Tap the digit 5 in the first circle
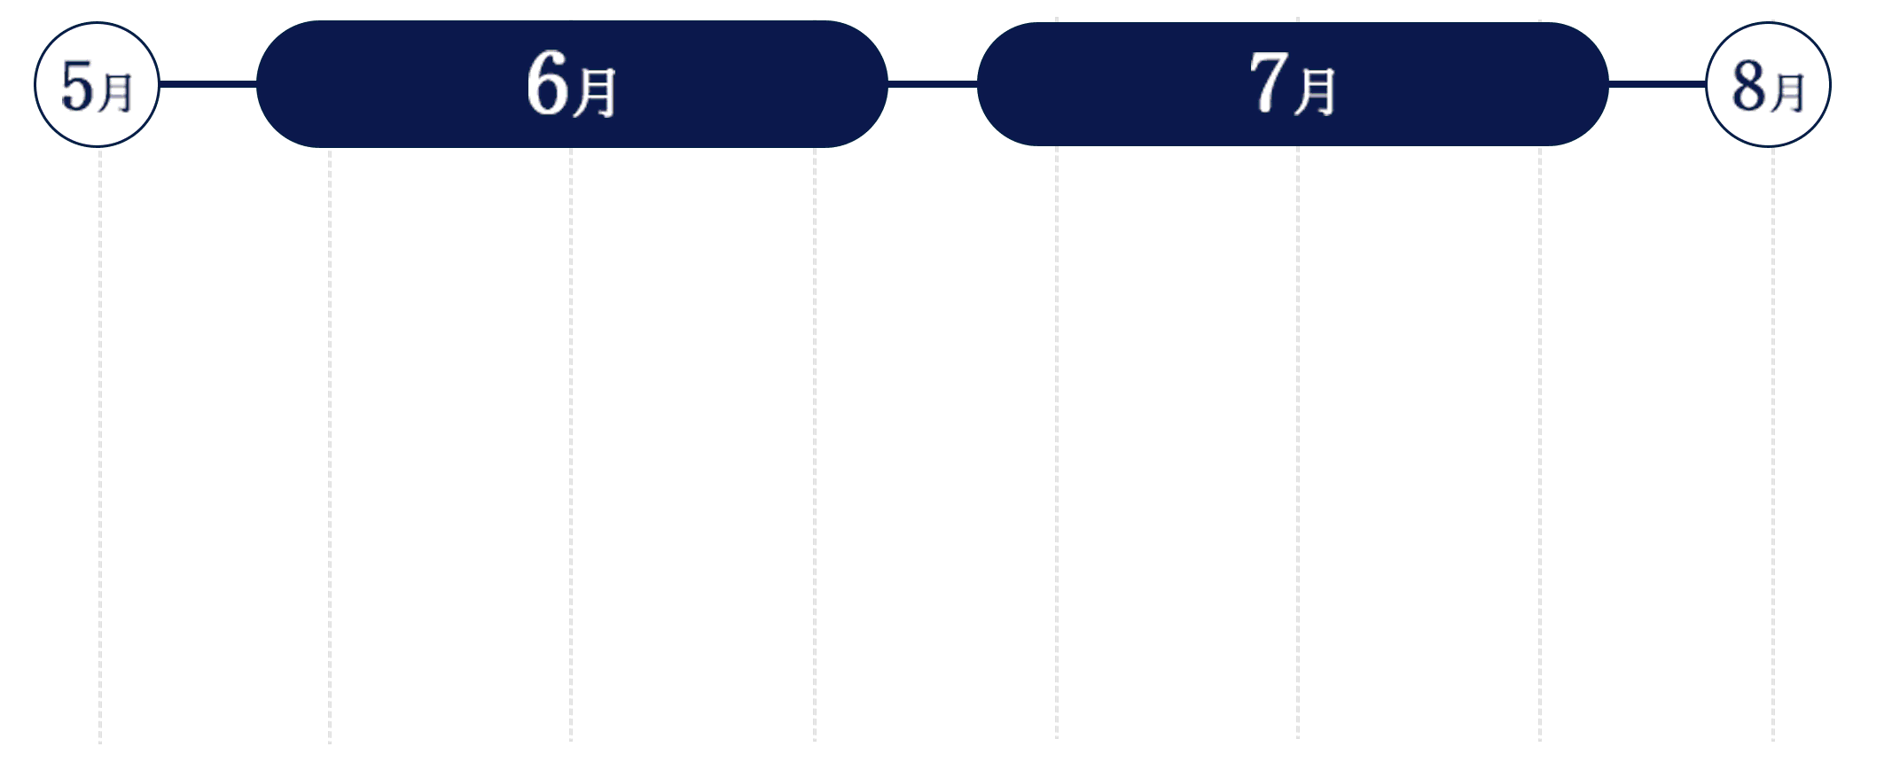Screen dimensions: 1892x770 77,87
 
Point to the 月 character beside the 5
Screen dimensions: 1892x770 115,93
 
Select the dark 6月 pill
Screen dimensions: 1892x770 572,84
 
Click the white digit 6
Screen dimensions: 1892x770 547,83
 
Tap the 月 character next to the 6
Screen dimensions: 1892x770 594,92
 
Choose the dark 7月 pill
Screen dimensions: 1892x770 1293,84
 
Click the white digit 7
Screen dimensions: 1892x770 1268,82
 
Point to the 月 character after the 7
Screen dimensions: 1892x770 1315,91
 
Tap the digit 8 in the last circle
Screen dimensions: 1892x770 1748,87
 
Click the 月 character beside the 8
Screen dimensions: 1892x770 1786,93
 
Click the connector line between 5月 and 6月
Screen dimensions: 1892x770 207,84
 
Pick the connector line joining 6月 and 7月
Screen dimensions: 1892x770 932,84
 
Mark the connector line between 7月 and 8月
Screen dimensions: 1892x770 1657,84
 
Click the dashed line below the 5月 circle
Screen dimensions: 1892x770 100,446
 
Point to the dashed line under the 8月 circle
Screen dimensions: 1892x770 1773,445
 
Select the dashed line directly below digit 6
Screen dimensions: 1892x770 571,445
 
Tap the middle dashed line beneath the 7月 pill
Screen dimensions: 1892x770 1298,443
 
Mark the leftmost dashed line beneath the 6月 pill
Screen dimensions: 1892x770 330,446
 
